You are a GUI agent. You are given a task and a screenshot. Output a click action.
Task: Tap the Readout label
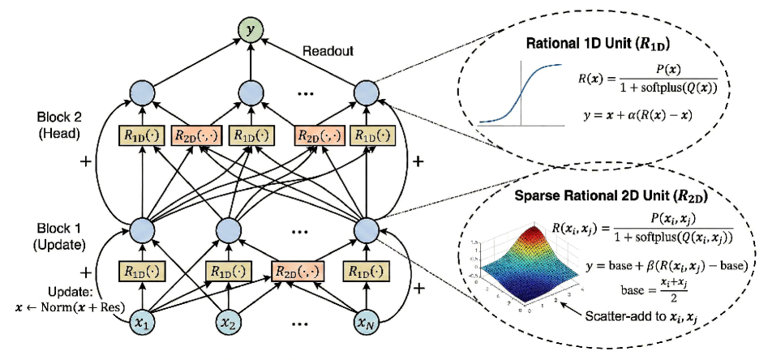coord(329,51)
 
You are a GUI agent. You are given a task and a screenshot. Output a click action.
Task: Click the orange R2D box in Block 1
coord(298,271)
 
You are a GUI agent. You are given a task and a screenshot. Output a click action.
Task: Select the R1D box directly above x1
coord(138,271)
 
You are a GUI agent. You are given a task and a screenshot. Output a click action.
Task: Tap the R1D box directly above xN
coord(367,271)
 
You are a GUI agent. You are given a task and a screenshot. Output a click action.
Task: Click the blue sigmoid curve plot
coord(517,92)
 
